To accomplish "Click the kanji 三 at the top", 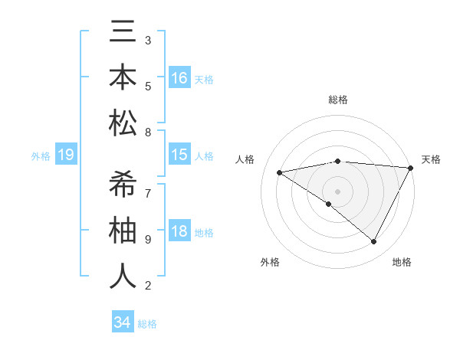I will pos(123,35).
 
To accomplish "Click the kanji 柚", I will pos(123,231).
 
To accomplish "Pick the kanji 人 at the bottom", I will pos(123,276).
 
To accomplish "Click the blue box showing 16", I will pos(179,78).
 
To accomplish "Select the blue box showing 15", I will pos(179,155).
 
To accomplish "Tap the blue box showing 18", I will pos(179,231).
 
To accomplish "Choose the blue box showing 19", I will pos(65,155).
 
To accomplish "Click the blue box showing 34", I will pos(122,322).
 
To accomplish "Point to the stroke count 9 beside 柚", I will pos(148,239).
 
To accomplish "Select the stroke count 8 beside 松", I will pos(148,132).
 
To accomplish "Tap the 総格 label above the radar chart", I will pos(337,100).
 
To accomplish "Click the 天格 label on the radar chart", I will pos(431,159).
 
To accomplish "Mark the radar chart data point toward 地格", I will pos(374,242).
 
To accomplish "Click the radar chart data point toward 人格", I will pos(280,172).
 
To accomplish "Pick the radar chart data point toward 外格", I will pos(329,204).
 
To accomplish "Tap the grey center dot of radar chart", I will pos(337,191).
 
